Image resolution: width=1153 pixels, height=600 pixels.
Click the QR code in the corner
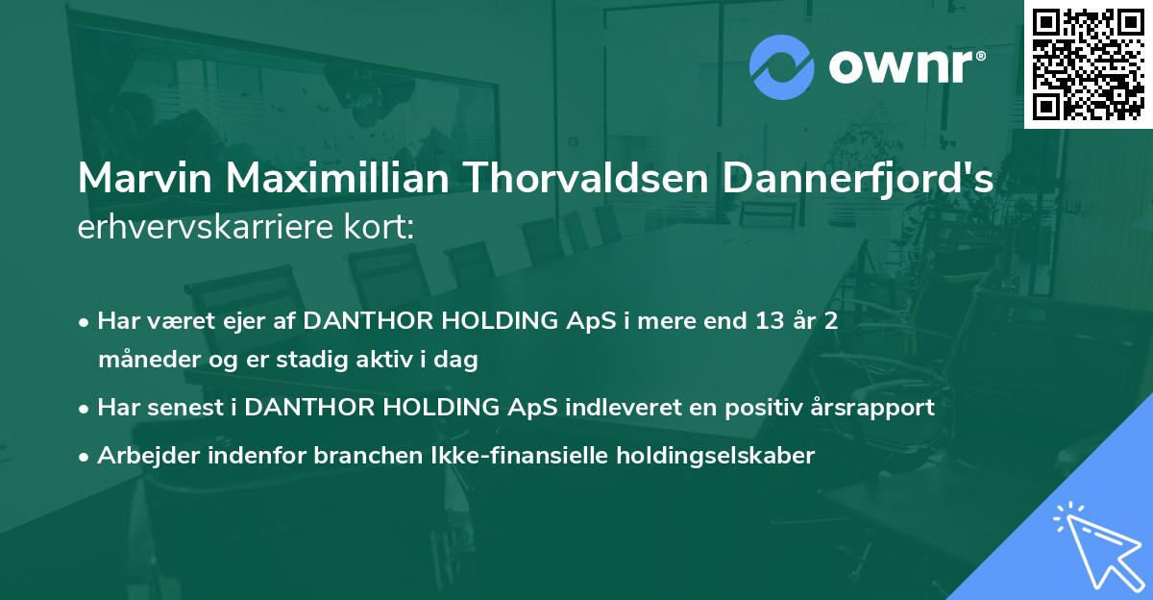coord(1088,63)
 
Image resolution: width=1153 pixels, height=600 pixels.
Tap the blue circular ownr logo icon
coord(782,66)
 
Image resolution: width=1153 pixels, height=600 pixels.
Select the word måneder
coord(145,361)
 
